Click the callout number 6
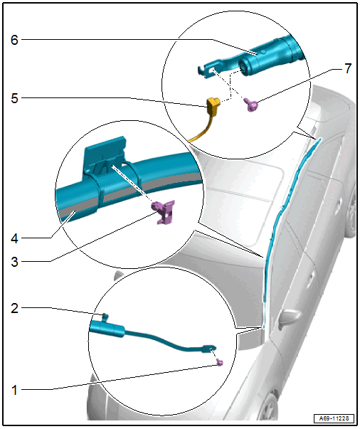(x=14, y=40)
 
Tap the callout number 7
(x=348, y=68)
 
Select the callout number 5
(x=14, y=98)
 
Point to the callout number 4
(x=14, y=238)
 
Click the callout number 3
(x=14, y=262)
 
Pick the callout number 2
(x=14, y=308)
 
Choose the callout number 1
(x=14, y=390)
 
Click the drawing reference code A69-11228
(x=334, y=418)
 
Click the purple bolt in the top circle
(x=251, y=105)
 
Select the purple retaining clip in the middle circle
(x=164, y=211)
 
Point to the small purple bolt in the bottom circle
(x=220, y=362)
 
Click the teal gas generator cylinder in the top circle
(x=270, y=56)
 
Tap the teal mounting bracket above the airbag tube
(x=105, y=154)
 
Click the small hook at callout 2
(x=105, y=317)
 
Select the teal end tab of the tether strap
(x=208, y=349)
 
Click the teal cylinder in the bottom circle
(x=107, y=328)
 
